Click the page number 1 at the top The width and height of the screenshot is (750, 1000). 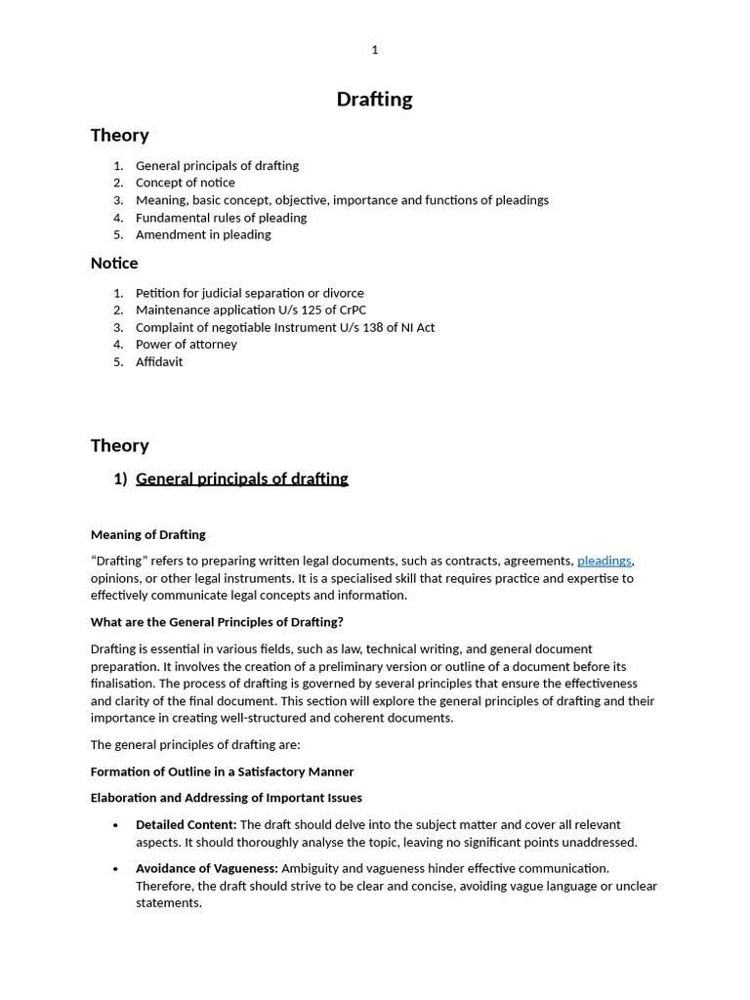point(374,50)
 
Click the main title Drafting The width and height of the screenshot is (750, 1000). point(374,100)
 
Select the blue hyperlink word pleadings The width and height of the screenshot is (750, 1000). point(604,561)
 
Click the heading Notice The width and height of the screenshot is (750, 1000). point(114,264)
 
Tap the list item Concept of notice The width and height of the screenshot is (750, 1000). point(185,183)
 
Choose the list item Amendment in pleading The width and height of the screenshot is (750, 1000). point(203,234)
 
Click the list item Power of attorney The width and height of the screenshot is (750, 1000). point(186,344)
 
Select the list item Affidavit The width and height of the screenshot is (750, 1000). point(159,361)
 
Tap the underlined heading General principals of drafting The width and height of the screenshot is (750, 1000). point(241,479)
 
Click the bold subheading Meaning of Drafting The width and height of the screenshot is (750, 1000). point(148,534)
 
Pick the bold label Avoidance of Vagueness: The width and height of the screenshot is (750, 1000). point(206,868)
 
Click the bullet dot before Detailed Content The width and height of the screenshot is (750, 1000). point(116,826)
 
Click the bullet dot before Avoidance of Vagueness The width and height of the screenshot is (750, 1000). point(116,869)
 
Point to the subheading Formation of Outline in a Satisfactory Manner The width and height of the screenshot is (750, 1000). point(222,771)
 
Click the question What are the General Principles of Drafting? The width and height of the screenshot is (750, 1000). point(217,622)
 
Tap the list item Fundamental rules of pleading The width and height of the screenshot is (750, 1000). point(221,218)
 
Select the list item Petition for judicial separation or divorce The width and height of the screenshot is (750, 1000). point(249,293)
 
